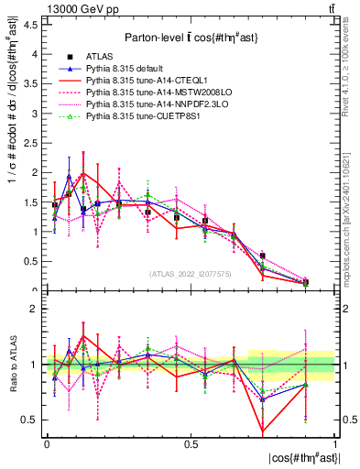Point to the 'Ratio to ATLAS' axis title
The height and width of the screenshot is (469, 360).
point(11,364)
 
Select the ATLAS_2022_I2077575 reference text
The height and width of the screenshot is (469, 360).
point(190,274)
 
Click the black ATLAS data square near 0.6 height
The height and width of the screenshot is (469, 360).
point(263,256)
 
